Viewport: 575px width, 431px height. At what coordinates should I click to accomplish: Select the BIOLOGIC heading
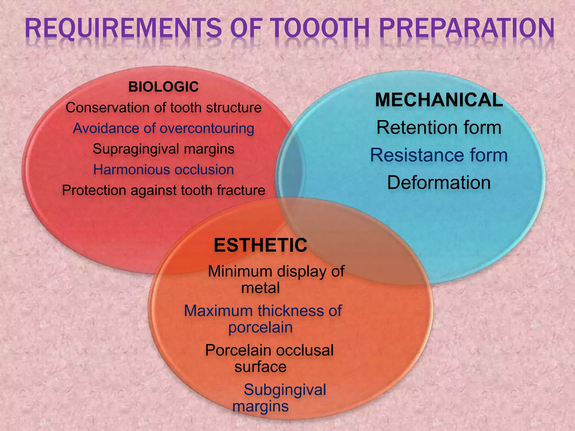(163, 87)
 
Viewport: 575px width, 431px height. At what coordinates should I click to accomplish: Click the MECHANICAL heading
(439, 100)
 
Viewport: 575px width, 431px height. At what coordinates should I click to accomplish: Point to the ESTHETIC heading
(260, 245)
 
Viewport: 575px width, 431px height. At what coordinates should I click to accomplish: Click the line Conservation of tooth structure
(163, 108)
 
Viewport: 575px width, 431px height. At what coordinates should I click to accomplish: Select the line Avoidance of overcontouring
(163, 129)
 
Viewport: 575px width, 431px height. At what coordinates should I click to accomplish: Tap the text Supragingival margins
(163, 149)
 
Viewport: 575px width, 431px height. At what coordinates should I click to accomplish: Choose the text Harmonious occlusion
(163, 170)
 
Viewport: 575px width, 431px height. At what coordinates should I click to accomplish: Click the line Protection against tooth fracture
(163, 190)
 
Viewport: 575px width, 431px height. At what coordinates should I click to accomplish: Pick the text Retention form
(439, 128)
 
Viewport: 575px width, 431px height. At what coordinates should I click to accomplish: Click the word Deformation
(439, 183)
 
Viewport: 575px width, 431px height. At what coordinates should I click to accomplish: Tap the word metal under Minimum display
(260, 288)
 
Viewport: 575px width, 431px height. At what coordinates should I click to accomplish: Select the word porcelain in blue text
(260, 327)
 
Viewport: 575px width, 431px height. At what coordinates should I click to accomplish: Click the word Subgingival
(285, 390)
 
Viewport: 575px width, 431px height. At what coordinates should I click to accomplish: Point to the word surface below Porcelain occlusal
(260, 367)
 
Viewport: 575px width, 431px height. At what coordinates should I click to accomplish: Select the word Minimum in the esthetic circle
(240, 272)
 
